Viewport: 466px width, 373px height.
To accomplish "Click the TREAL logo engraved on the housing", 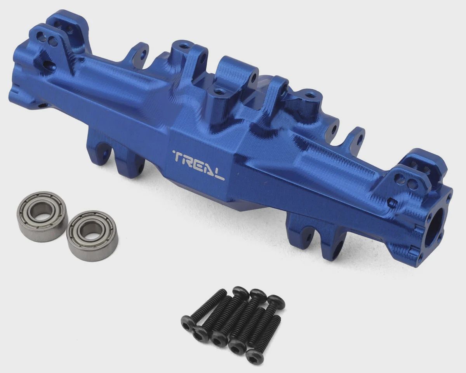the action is [199, 165].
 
